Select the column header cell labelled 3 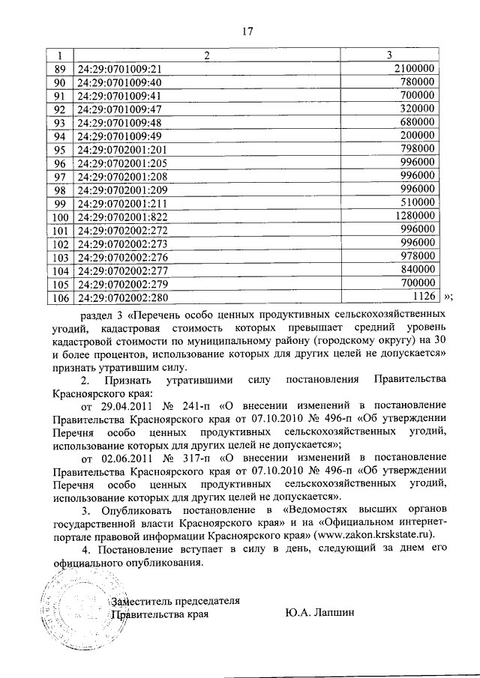tap(388, 55)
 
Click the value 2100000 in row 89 tap(415, 68)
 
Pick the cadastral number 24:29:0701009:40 tap(120, 82)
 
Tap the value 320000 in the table tap(419, 109)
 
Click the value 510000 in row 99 tap(419, 203)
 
